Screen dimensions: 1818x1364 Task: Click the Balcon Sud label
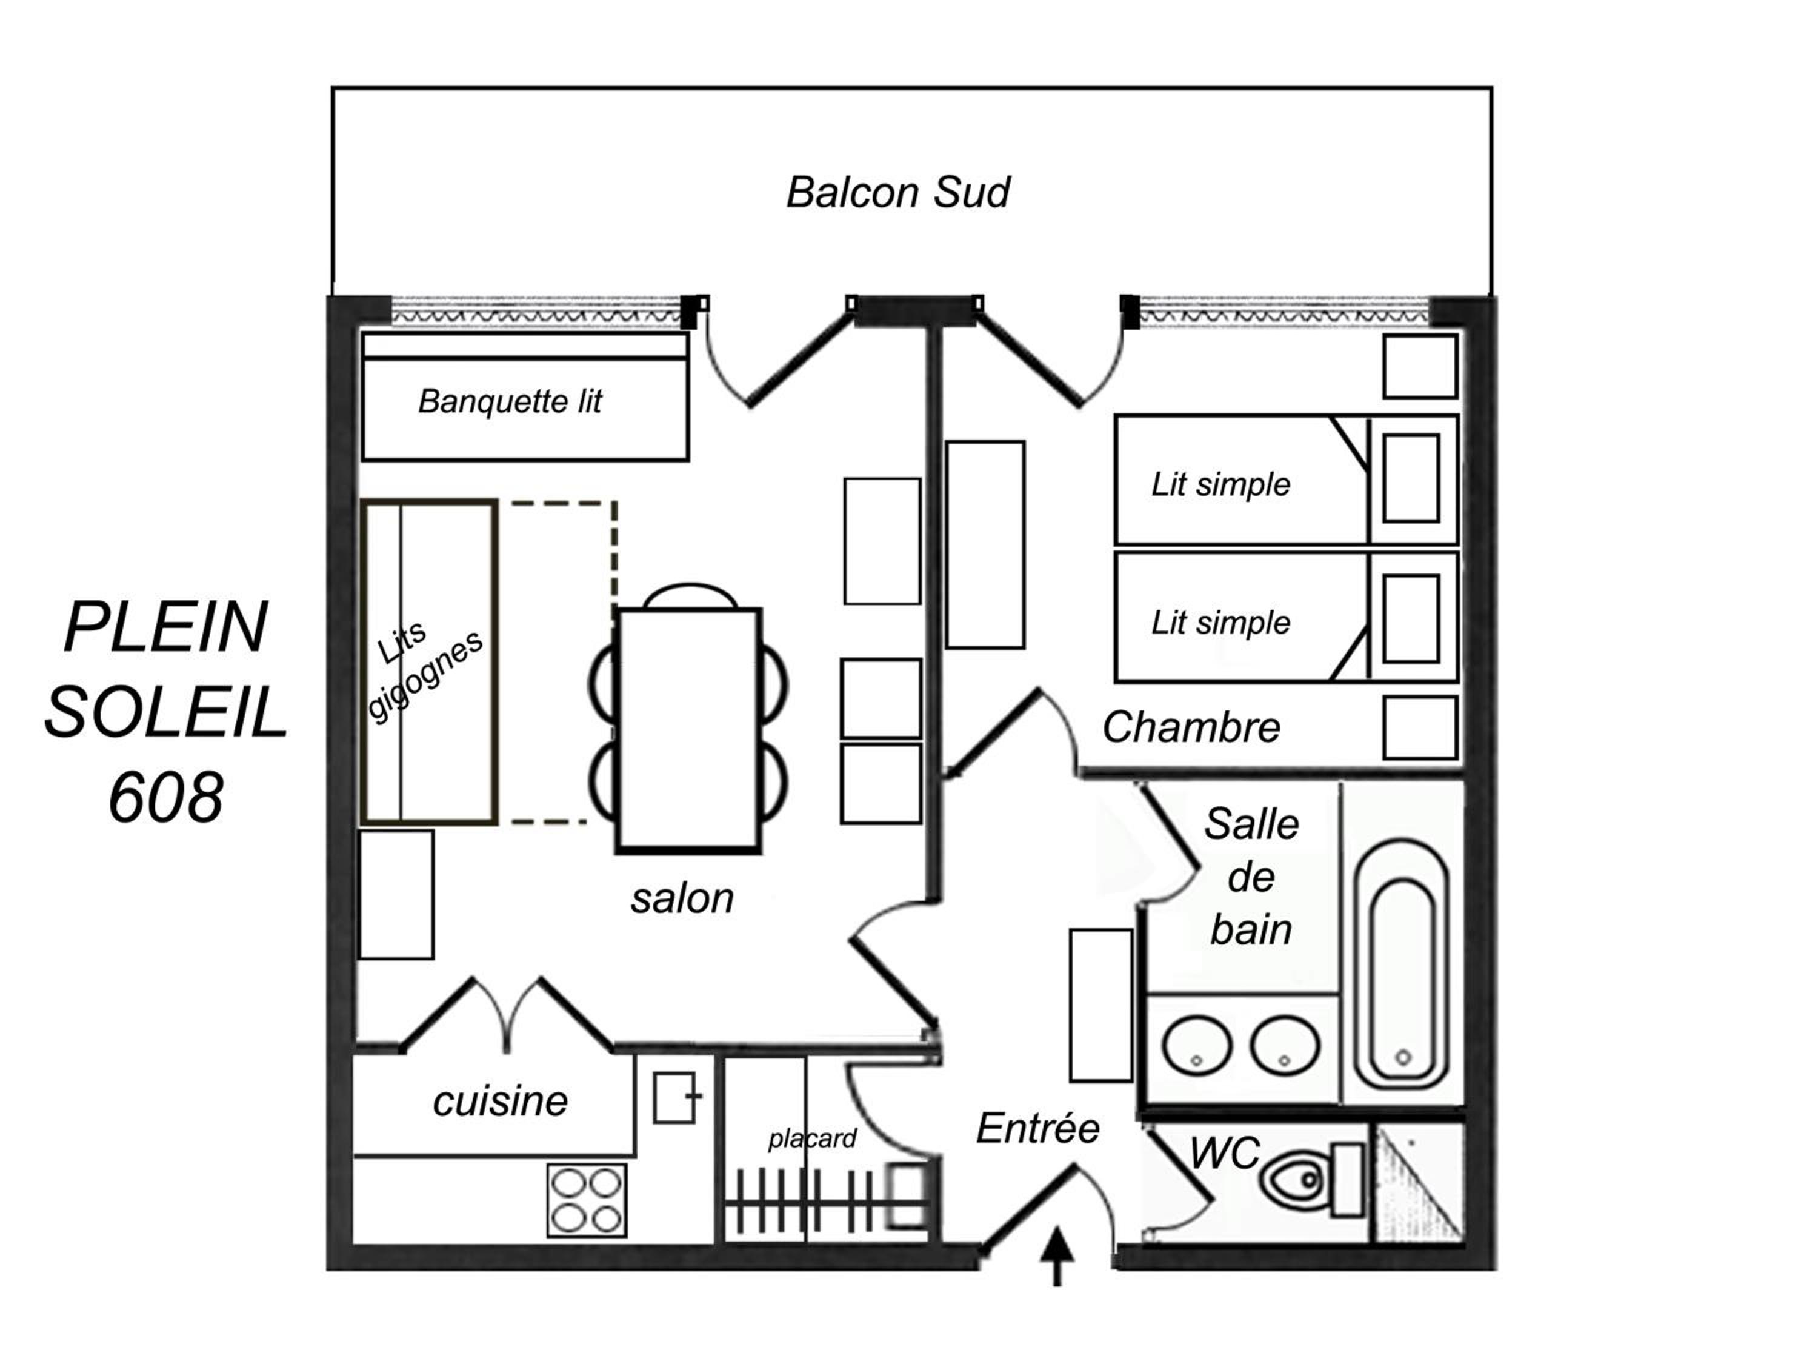pos(898,192)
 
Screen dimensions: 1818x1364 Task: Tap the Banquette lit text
pos(510,401)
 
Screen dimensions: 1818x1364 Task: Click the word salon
pos(682,898)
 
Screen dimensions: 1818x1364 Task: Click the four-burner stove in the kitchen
pos(587,1200)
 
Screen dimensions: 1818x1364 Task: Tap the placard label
pos(812,1138)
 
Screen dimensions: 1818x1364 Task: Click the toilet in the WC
pos(1313,1179)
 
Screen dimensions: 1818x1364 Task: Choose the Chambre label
pos(1191,727)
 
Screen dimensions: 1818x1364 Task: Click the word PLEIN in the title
pos(166,626)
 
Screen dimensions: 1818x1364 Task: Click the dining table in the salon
pos(689,729)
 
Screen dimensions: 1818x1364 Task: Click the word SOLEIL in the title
pos(166,712)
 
